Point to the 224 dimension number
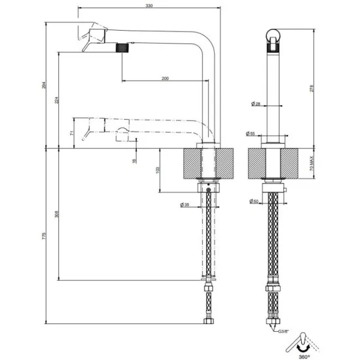click(x=57, y=100)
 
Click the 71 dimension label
click(x=71, y=132)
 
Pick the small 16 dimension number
click(x=134, y=160)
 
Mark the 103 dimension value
click(x=156, y=170)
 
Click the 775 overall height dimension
click(x=43, y=240)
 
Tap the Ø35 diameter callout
click(x=185, y=206)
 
